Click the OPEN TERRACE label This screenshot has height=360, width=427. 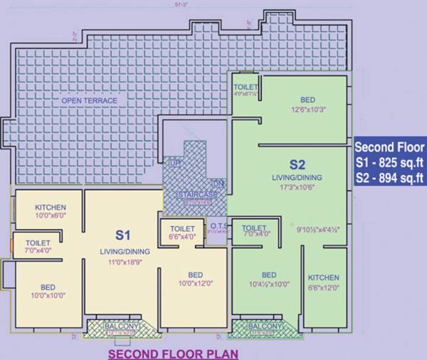click(x=90, y=101)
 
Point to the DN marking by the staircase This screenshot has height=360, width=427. click(x=218, y=184)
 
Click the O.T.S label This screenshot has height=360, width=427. click(x=218, y=227)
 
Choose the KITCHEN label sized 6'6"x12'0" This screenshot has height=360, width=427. click(x=324, y=277)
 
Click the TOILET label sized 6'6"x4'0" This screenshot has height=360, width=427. click(x=183, y=228)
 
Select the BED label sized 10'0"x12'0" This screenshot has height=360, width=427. click(x=196, y=275)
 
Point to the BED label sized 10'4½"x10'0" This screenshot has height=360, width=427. click(x=269, y=275)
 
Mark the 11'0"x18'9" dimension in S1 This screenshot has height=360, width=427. click(x=122, y=263)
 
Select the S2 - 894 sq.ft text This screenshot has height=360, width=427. click(x=390, y=177)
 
